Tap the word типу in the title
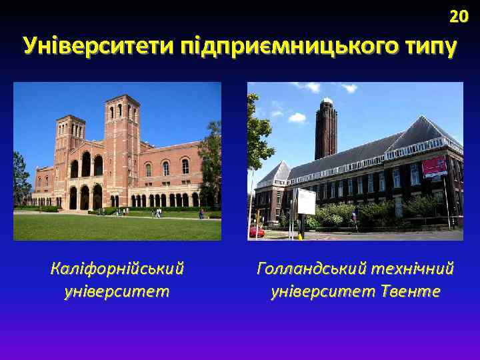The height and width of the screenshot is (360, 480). click(429, 48)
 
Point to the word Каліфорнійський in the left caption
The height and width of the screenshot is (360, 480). click(117, 269)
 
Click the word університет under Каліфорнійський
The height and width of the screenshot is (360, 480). click(117, 291)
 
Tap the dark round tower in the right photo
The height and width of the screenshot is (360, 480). click(326, 130)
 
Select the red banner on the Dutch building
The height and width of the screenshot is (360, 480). click(434, 166)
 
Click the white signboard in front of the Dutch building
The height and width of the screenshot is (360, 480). click(305, 201)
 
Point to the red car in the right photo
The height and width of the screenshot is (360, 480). click(256, 232)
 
